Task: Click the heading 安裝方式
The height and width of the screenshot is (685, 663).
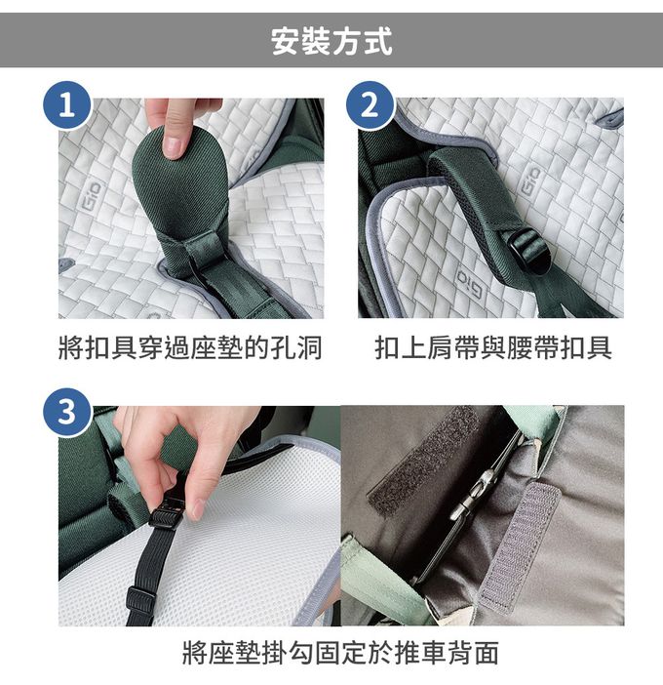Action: tap(331, 42)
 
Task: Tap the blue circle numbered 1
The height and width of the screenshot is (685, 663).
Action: tap(66, 105)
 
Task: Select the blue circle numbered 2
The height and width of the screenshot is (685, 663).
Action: tap(370, 105)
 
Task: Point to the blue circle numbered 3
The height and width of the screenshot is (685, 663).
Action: tap(66, 412)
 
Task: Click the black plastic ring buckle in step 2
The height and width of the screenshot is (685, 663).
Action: tap(529, 254)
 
